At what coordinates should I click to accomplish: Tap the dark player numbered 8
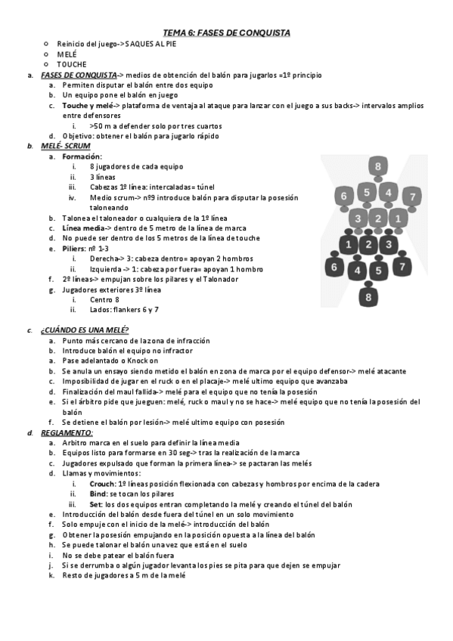point(368,298)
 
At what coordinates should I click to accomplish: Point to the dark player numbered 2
point(368,244)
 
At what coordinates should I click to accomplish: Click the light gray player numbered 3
point(358,219)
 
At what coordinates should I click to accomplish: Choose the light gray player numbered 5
point(367,193)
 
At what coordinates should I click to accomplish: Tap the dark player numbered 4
point(358,270)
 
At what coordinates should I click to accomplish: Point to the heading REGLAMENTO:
point(67,432)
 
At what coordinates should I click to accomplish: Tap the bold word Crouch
point(101,484)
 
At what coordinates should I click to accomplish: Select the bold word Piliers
point(76,248)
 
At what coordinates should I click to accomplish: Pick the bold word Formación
point(82,156)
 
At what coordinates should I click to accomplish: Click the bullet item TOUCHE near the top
point(71,64)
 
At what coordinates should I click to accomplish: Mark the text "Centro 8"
point(104,299)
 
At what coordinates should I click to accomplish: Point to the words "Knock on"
point(144,361)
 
